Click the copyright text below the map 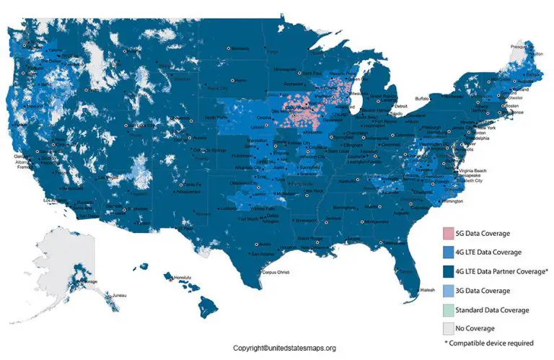pyautogui.click(x=278, y=348)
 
